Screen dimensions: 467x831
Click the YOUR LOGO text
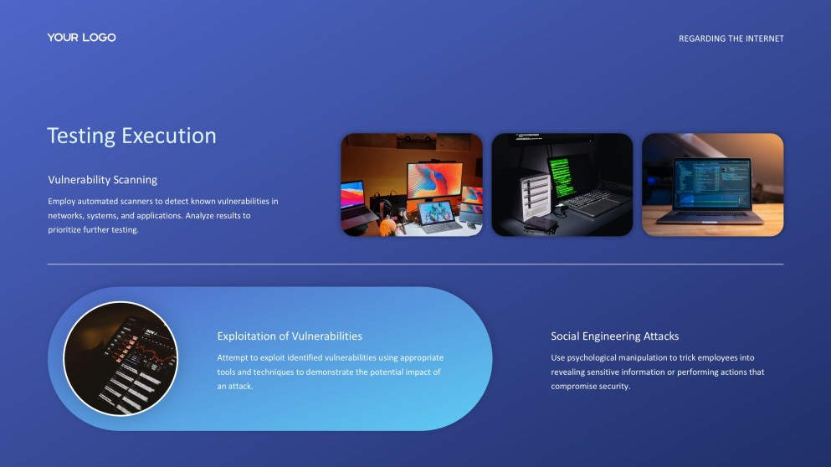point(81,38)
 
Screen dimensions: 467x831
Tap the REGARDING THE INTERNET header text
point(731,38)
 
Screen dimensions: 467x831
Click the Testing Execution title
point(131,136)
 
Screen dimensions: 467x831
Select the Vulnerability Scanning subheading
point(102,180)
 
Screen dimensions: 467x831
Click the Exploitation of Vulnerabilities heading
point(290,336)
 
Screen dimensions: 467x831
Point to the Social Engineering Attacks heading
point(614,336)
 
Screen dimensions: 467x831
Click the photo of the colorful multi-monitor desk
point(411,184)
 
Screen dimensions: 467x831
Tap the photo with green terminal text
point(562,184)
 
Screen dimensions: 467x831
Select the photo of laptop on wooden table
point(712,184)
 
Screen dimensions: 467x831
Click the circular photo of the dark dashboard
point(121,358)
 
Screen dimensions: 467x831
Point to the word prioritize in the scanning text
point(69,230)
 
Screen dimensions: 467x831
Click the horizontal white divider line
point(415,264)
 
